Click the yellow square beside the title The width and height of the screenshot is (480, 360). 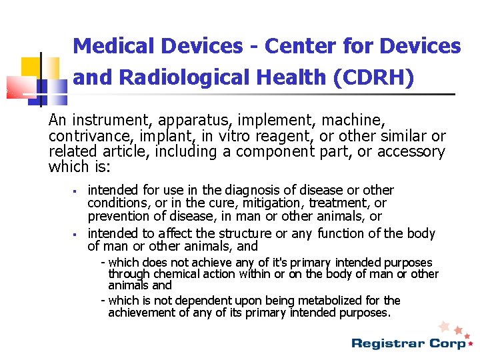pyautogui.click(x=31, y=67)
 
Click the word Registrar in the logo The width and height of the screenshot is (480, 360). pyautogui.click(x=385, y=344)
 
